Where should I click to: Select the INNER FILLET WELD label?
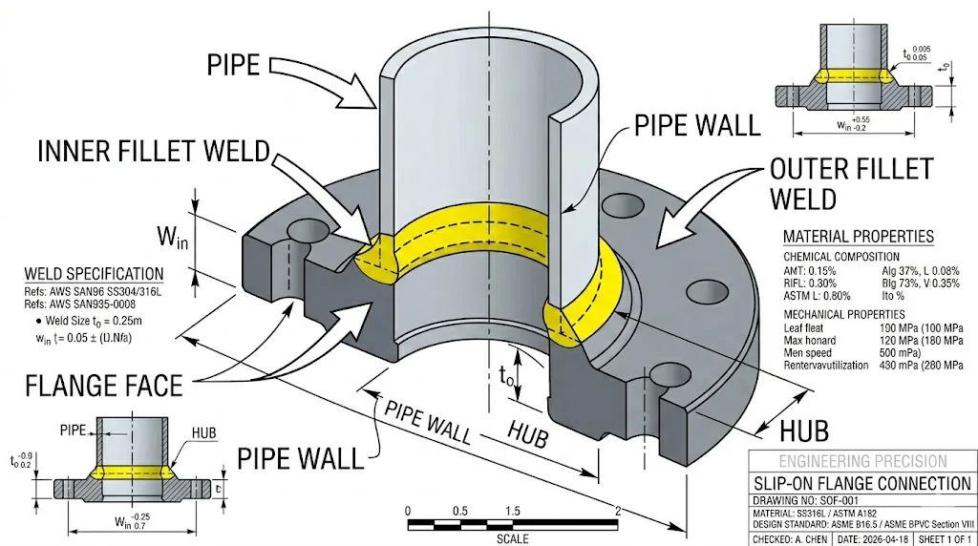coord(154,152)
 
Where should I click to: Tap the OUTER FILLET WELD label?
coord(850,184)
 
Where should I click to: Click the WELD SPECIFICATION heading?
coord(94,274)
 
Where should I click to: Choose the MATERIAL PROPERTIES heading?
coord(858,237)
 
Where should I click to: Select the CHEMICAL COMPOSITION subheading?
coord(841,257)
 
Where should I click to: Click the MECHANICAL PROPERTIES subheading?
coord(844,314)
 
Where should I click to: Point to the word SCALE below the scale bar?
coord(512,538)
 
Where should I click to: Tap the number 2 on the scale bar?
coord(618,511)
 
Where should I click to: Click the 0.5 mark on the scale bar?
coord(460,511)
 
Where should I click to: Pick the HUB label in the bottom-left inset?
coord(203,432)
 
